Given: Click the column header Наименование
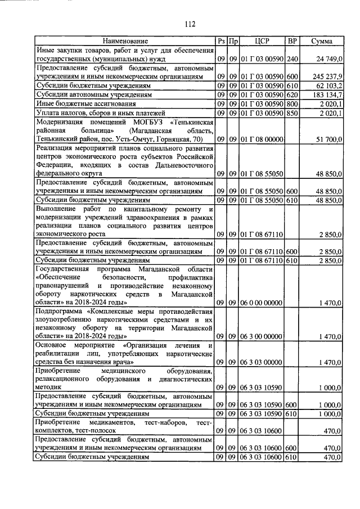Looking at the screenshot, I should (125, 42).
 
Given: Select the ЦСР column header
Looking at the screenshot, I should (262, 42).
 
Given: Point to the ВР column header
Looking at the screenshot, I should (292, 42).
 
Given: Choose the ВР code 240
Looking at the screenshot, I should (292, 59).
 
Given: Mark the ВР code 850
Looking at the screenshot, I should (292, 112).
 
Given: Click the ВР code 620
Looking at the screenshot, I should (292, 94).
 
